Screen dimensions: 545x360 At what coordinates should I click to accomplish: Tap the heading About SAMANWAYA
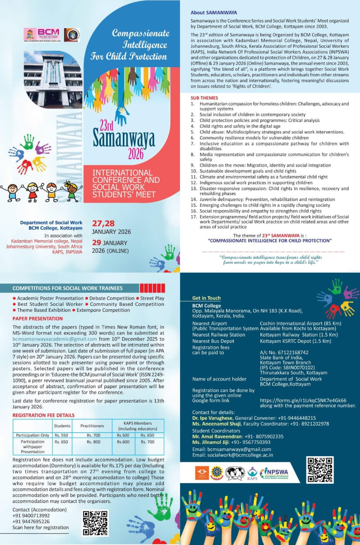tap(213, 13)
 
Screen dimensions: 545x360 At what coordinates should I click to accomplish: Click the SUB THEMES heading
tap(204, 98)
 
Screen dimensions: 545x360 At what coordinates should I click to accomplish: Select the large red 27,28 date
tap(103, 223)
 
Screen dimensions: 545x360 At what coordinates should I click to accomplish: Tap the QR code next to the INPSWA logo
tap(320, 470)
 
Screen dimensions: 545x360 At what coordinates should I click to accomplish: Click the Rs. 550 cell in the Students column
tap(61, 435)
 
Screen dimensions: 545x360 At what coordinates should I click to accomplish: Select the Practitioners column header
tap(92, 426)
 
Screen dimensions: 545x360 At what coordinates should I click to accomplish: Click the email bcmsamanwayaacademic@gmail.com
tap(55, 339)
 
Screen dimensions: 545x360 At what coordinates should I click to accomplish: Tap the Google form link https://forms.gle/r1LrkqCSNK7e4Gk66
tap(303, 400)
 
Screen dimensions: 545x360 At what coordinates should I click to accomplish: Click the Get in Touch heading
tap(206, 298)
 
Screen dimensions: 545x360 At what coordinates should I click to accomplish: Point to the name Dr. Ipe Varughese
tap(212, 418)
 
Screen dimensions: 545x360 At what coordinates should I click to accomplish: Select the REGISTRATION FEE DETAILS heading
tap(43, 415)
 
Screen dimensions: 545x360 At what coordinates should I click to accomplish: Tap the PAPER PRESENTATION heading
tap(37, 318)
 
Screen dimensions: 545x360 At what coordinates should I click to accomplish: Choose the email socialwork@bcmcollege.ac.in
tap(240, 455)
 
